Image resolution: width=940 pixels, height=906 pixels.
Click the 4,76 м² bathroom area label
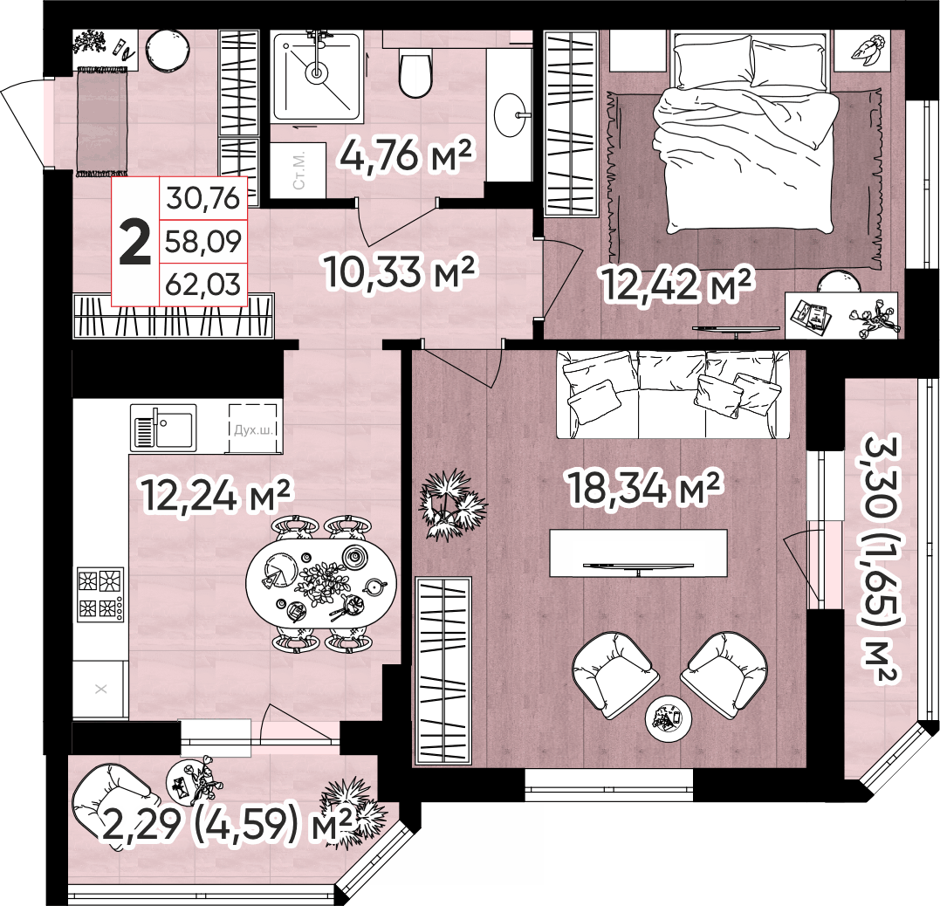click(x=407, y=154)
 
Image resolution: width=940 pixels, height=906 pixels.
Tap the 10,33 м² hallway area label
click(x=399, y=271)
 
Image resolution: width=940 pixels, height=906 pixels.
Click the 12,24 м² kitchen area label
click(x=216, y=495)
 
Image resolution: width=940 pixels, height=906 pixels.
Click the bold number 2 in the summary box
click(x=135, y=243)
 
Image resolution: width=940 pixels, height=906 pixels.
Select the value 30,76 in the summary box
click(x=203, y=198)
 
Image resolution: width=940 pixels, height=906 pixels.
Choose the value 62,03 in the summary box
click(x=203, y=285)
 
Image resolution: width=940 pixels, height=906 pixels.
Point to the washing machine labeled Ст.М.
click(x=298, y=169)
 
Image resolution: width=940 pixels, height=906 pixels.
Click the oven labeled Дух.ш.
click(x=253, y=428)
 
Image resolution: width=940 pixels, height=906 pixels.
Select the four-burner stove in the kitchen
click(x=100, y=594)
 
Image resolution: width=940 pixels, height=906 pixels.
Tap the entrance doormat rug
click(x=101, y=121)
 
